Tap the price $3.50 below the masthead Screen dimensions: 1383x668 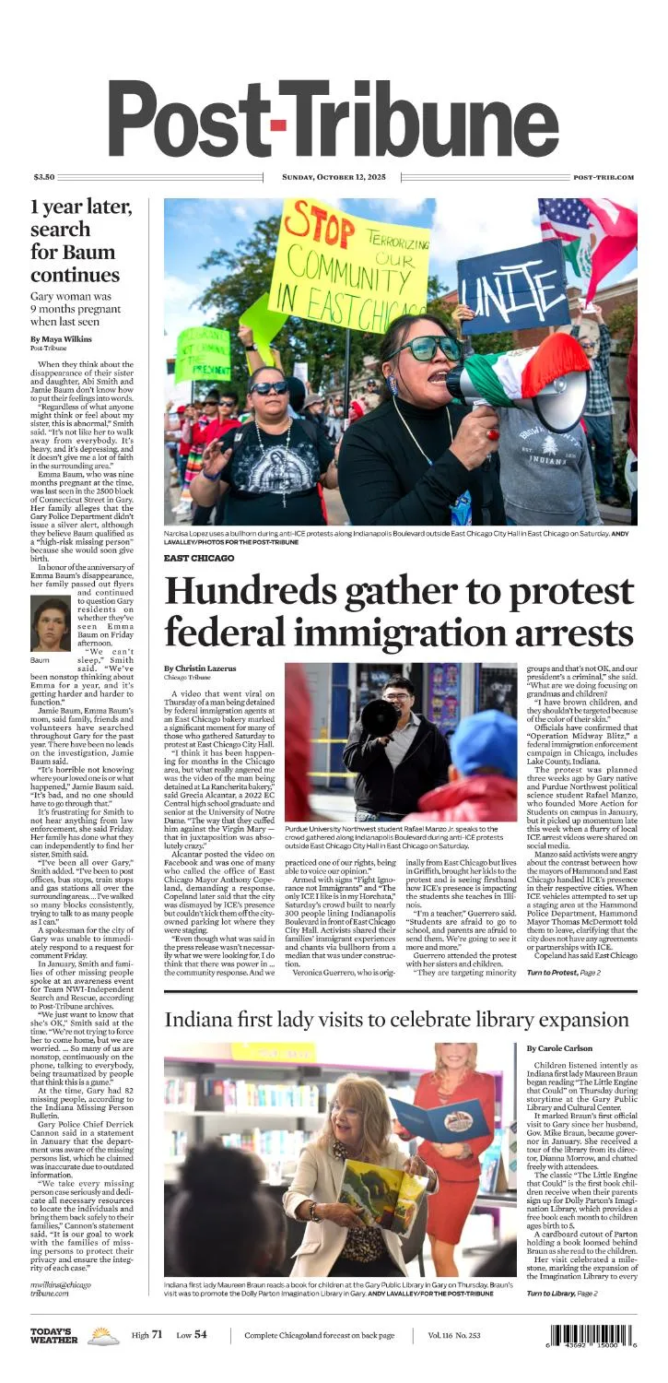[44, 177]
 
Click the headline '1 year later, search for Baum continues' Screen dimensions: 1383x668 [80, 241]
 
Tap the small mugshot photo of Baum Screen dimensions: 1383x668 [50, 624]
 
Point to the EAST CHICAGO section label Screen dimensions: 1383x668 [199, 558]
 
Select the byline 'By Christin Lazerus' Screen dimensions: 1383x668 [201, 668]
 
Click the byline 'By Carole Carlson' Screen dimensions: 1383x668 [561, 1048]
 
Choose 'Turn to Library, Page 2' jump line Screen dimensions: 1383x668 [562, 1294]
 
